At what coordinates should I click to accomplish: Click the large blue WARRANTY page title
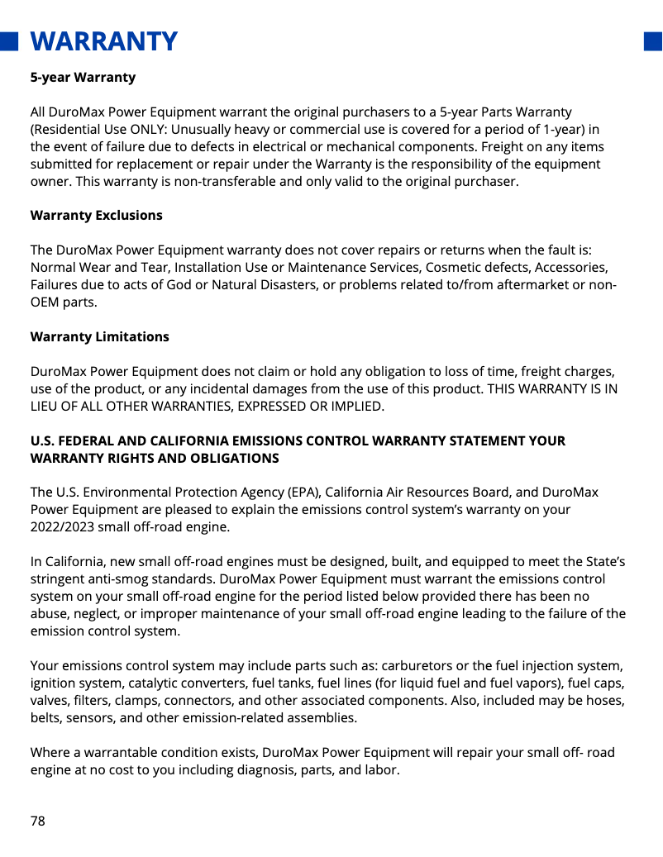click(104, 40)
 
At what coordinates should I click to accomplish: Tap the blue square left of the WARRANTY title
click(9, 41)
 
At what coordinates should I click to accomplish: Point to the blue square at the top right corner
click(653, 41)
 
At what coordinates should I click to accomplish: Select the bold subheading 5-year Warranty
click(83, 78)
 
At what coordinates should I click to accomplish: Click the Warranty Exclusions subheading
click(96, 215)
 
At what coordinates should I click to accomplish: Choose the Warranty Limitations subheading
click(99, 336)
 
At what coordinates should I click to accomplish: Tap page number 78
click(38, 821)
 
